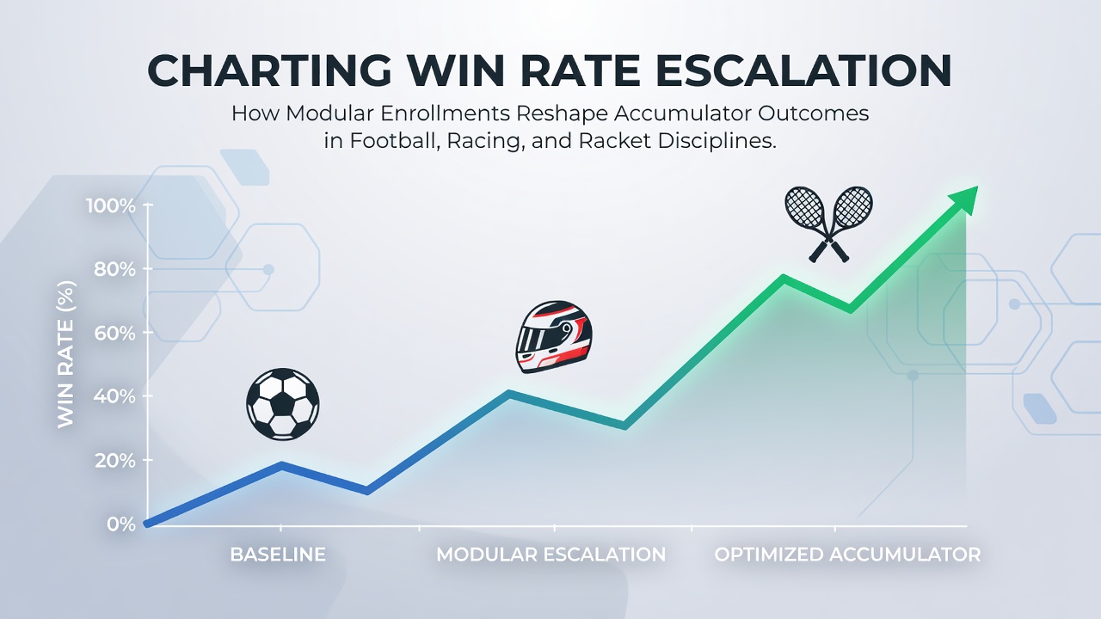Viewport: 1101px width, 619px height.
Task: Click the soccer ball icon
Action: [x=283, y=404]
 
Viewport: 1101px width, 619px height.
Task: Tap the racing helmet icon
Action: [x=554, y=337]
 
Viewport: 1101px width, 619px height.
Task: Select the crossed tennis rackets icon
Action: [x=828, y=224]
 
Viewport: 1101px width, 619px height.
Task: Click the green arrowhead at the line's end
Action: [x=964, y=200]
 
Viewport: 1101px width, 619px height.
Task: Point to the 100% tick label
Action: [x=111, y=205]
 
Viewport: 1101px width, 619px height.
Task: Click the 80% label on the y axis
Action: [x=114, y=269]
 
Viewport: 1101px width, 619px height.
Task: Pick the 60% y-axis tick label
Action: [x=114, y=333]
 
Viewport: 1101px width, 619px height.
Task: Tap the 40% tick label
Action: [x=114, y=396]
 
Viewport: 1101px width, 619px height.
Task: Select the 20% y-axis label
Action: [x=114, y=460]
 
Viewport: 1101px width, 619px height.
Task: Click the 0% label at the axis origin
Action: [x=121, y=524]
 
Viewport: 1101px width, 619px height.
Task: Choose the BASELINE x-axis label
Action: [x=278, y=555]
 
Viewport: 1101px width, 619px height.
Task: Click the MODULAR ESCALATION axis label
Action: [x=551, y=555]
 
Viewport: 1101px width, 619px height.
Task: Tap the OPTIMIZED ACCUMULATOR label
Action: [x=847, y=555]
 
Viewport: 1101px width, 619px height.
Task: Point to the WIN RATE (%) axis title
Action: [x=66, y=354]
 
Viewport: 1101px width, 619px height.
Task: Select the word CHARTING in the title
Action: [x=269, y=70]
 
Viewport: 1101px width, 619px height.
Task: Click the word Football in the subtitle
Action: [x=394, y=141]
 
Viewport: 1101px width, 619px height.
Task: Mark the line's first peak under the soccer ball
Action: [x=281, y=465]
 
